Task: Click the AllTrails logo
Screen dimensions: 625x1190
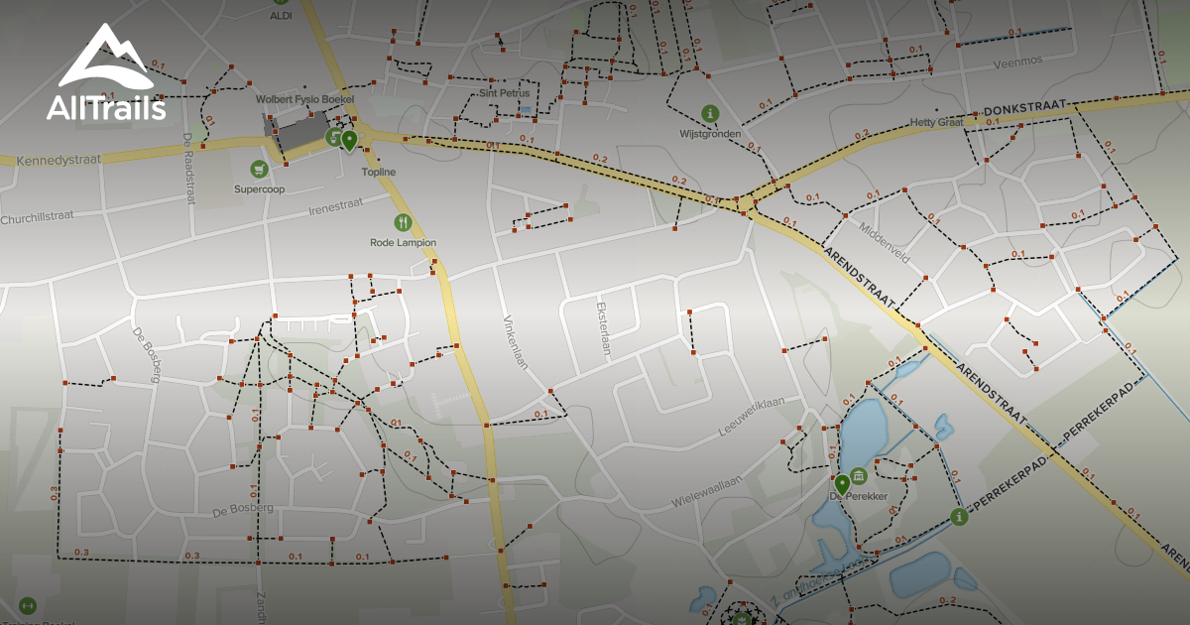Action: point(106,74)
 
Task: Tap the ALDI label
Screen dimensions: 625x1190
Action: point(282,16)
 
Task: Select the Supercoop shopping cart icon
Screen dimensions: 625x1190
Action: point(259,169)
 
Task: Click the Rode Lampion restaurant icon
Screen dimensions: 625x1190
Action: point(403,222)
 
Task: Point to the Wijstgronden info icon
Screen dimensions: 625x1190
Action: point(709,113)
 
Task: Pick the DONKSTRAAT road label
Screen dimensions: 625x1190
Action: point(1024,107)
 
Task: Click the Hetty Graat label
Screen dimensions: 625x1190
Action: point(937,123)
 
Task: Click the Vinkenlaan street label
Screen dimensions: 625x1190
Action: point(516,342)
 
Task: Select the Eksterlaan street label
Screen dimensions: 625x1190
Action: point(601,327)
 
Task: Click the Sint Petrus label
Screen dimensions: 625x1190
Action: point(505,93)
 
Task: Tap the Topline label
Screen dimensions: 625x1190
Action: point(378,172)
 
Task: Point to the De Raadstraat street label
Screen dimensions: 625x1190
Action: point(188,169)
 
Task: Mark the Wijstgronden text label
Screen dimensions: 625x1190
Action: point(710,133)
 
